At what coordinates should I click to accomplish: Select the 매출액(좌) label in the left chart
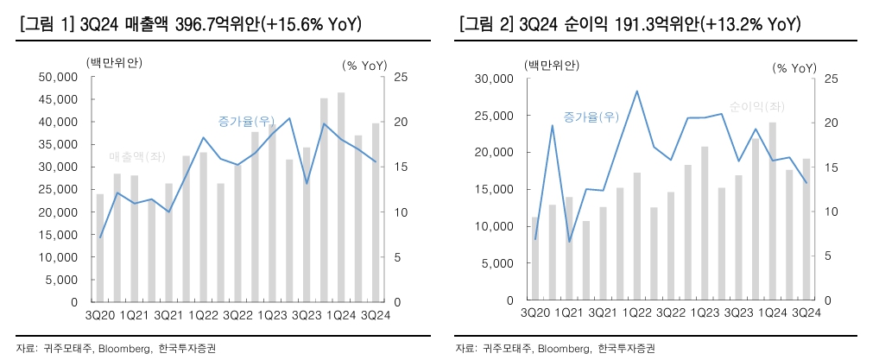coord(137,156)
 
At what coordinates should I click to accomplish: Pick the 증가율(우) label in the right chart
coord(591,117)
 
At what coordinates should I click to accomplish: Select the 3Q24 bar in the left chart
coord(375,212)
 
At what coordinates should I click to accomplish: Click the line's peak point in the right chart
coord(636,91)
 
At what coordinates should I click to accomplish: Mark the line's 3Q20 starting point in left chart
coord(100,237)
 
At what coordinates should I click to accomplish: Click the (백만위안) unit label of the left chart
coord(114,61)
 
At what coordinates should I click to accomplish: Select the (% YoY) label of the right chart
coord(794,66)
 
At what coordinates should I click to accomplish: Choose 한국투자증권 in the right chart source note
coord(626,348)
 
